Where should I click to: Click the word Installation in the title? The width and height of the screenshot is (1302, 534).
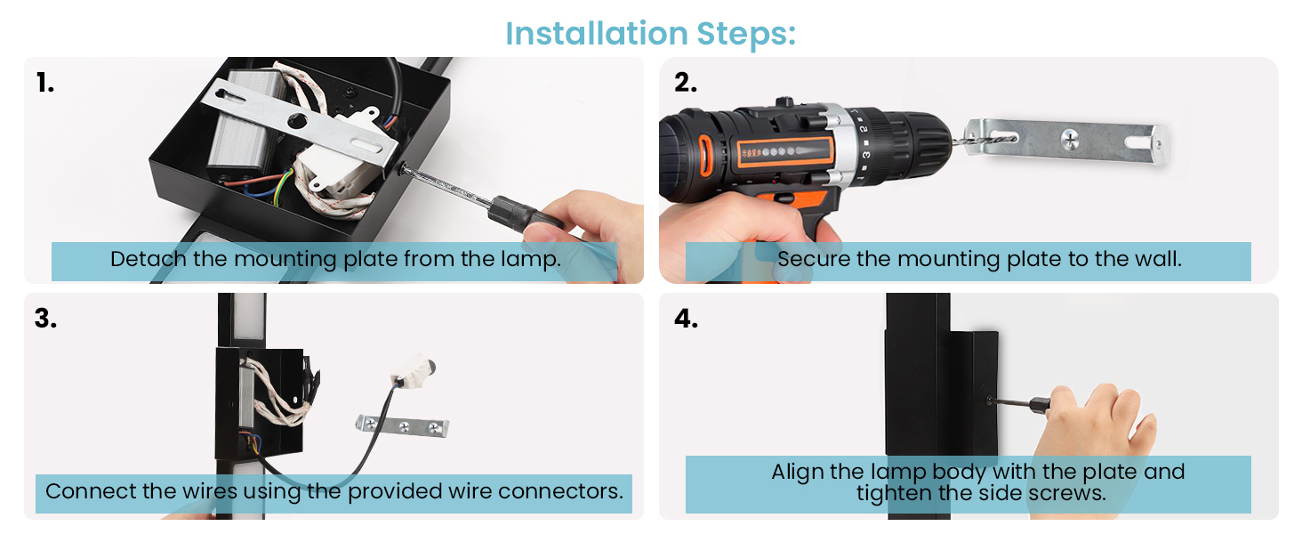tap(597, 33)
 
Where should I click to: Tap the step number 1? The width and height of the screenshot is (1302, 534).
tap(44, 83)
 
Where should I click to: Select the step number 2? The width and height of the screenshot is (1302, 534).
tap(686, 83)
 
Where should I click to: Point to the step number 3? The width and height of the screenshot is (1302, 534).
tap(45, 319)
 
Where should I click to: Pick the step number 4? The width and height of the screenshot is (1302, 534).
tap(686, 319)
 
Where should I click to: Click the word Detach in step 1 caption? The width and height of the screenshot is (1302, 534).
tap(149, 259)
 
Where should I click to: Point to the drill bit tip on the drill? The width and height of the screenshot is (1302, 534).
tap(1014, 139)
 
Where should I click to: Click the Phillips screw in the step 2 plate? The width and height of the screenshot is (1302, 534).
tap(1070, 139)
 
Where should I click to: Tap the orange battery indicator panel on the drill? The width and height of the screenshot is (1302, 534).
tap(785, 152)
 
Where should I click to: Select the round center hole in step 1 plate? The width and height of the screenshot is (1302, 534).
tap(297, 121)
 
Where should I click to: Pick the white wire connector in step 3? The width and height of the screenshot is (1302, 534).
tap(415, 371)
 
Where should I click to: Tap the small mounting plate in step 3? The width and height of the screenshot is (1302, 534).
tap(402, 426)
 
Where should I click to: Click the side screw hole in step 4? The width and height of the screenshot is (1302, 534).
tap(989, 400)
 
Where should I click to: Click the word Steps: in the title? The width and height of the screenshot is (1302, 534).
tap(746, 33)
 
